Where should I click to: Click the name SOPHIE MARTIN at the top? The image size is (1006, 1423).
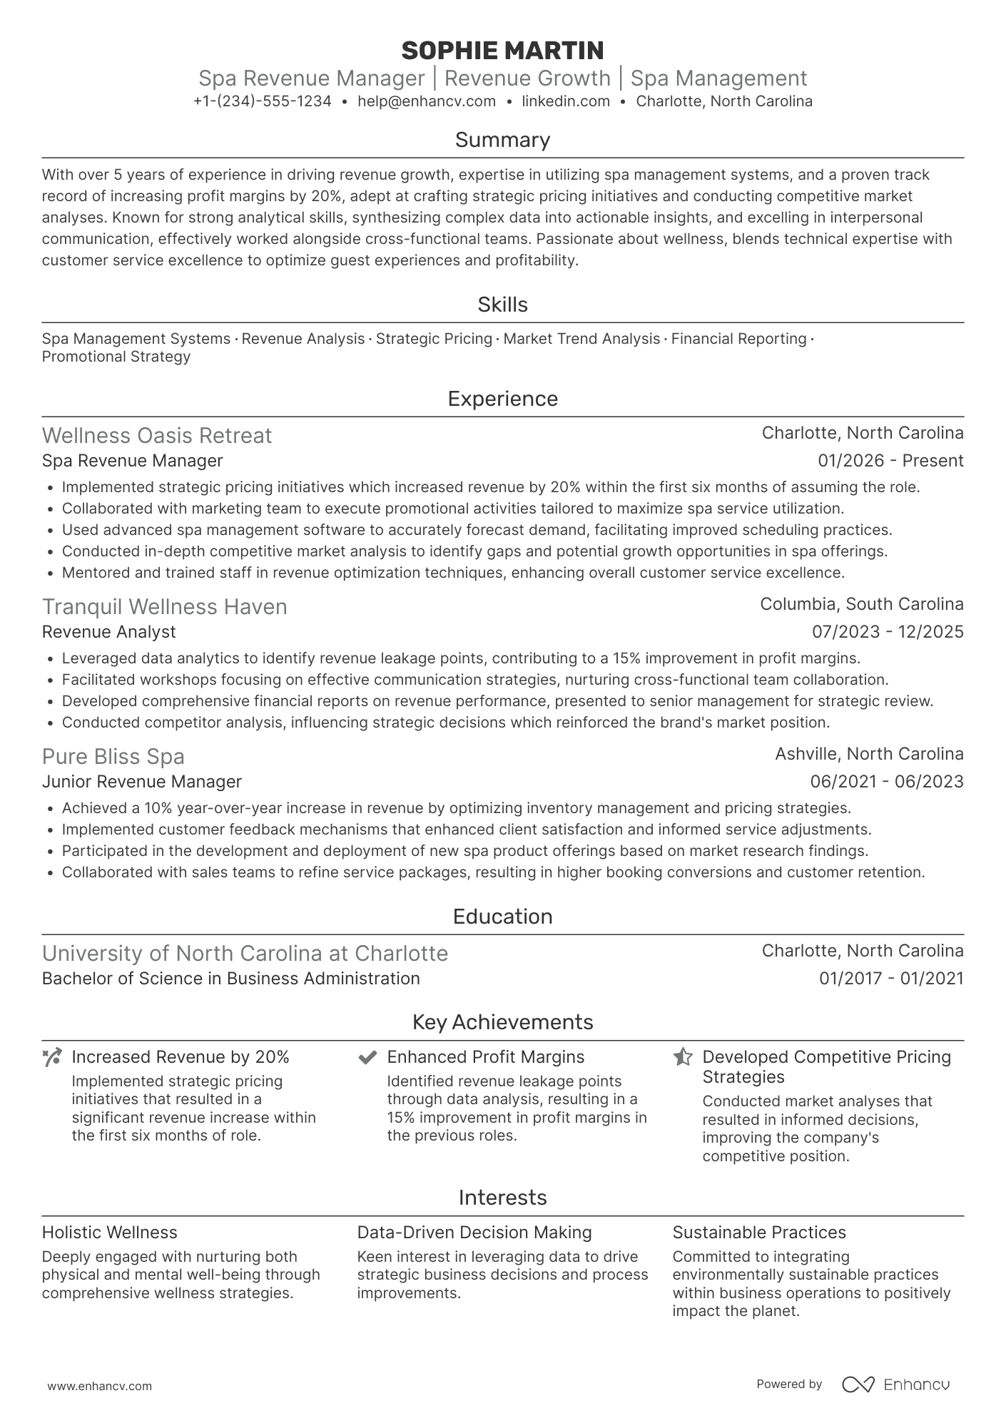(502, 51)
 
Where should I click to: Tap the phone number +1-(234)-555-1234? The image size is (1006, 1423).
(262, 101)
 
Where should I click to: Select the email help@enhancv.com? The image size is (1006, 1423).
(427, 101)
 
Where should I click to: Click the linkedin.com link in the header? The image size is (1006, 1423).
(566, 101)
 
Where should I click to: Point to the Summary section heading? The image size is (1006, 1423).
(502, 140)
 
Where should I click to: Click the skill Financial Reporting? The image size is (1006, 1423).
(738, 339)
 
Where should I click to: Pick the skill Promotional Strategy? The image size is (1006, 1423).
(116, 357)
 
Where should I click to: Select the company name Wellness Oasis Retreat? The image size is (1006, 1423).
(157, 436)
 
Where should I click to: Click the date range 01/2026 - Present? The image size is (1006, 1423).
(890, 461)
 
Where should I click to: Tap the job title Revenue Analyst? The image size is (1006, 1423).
(108, 632)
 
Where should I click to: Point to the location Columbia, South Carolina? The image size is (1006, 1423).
(861, 604)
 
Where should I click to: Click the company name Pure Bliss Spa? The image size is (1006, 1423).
(113, 757)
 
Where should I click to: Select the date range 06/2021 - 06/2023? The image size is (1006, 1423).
(887, 782)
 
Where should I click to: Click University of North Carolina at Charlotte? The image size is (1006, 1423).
(245, 954)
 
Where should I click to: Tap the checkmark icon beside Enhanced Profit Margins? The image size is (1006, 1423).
(367, 1057)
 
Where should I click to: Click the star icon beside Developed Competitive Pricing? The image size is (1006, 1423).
(683, 1057)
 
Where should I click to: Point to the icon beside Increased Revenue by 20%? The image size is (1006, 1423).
(52, 1057)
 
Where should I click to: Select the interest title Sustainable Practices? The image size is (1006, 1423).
(759, 1233)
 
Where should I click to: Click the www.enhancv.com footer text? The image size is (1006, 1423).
(99, 1387)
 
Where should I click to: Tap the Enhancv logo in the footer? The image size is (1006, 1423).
(896, 1384)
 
